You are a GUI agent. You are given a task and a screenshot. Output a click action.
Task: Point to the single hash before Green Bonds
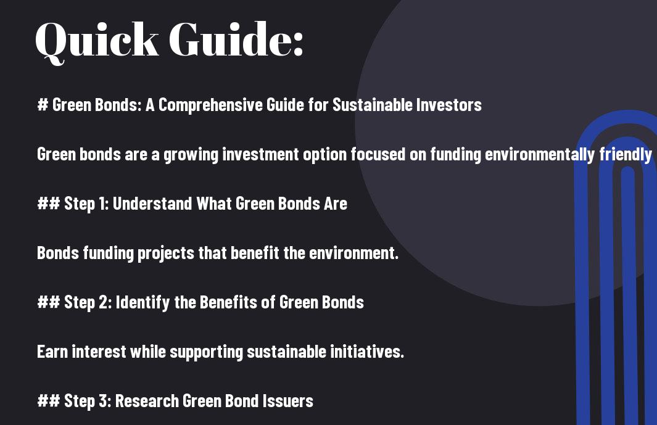click(43, 104)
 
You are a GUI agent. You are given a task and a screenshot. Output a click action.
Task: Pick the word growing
click(191, 155)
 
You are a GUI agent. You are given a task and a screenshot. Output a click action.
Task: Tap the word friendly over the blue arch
click(626, 155)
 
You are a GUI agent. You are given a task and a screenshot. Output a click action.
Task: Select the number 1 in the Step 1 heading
click(103, 204)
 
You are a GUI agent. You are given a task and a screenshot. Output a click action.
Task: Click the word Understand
click(152, 204)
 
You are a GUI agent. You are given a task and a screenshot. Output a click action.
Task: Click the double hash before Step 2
click(49, 302)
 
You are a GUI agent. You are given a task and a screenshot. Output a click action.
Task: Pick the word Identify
click(143, 303)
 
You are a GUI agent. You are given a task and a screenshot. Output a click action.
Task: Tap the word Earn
click(52, 352)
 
